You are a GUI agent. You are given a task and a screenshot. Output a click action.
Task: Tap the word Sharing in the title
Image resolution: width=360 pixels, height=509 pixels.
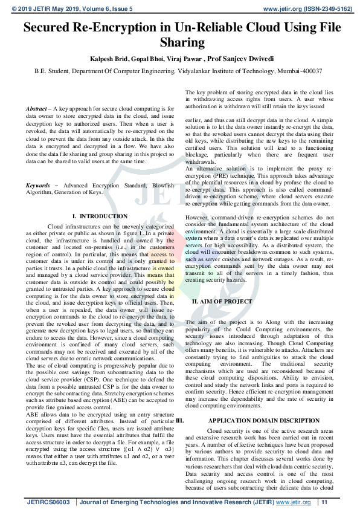tap(180, 42)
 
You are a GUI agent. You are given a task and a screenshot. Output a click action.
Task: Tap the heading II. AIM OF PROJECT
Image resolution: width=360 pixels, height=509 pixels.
tap(222, 300)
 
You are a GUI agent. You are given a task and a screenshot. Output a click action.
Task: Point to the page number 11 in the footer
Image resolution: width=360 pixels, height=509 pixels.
tap(324, 502)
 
